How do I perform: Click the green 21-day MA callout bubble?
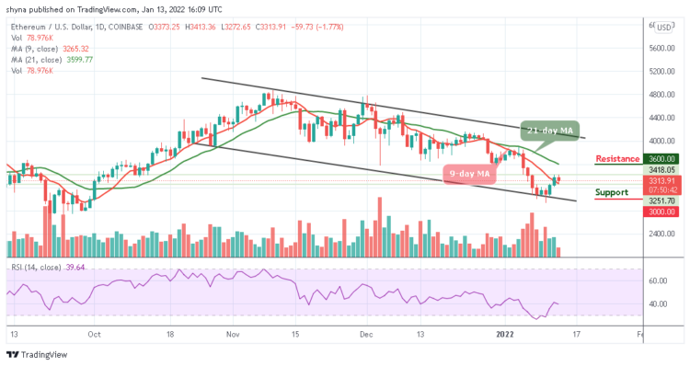[550, 130]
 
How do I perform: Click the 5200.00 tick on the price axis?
[661, 71]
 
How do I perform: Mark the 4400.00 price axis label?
[661, 118]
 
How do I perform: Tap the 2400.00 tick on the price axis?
[661, 234]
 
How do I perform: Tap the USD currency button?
[663, 28]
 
